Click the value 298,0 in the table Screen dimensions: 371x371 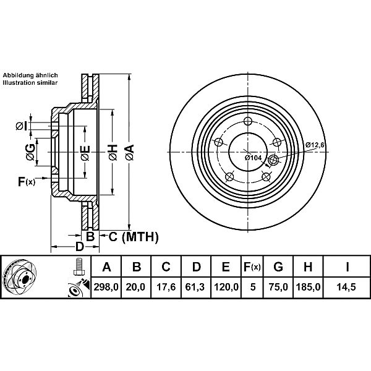click(x=106, y=287)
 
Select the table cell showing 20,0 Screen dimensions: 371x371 click(x=137, y=287)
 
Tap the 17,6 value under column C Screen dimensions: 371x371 click(x=166, y=287)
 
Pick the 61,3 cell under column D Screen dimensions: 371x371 click(x=196, y=287)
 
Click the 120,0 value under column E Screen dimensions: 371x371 click(x=226, y=287)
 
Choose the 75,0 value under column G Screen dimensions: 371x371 click(x=278, y=287)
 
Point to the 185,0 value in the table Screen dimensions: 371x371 click(x=307, y=287)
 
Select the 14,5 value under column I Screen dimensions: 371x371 click(x=347, y=287)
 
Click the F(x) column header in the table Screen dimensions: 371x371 click(x=251, y=268)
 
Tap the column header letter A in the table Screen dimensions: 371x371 click(x=106, y=268)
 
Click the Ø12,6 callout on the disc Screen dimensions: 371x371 click(x=315, y=145)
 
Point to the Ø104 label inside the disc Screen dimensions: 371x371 click(x=254, y=158)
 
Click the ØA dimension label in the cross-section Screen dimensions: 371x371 click(x=129, y=151)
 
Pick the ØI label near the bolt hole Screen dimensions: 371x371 click(x=20, y=126)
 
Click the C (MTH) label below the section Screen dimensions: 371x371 click(x=134, y=236)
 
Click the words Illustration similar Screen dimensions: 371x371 click(x=30, y=82)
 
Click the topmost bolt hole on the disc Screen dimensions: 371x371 click(x=248, y=121)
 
